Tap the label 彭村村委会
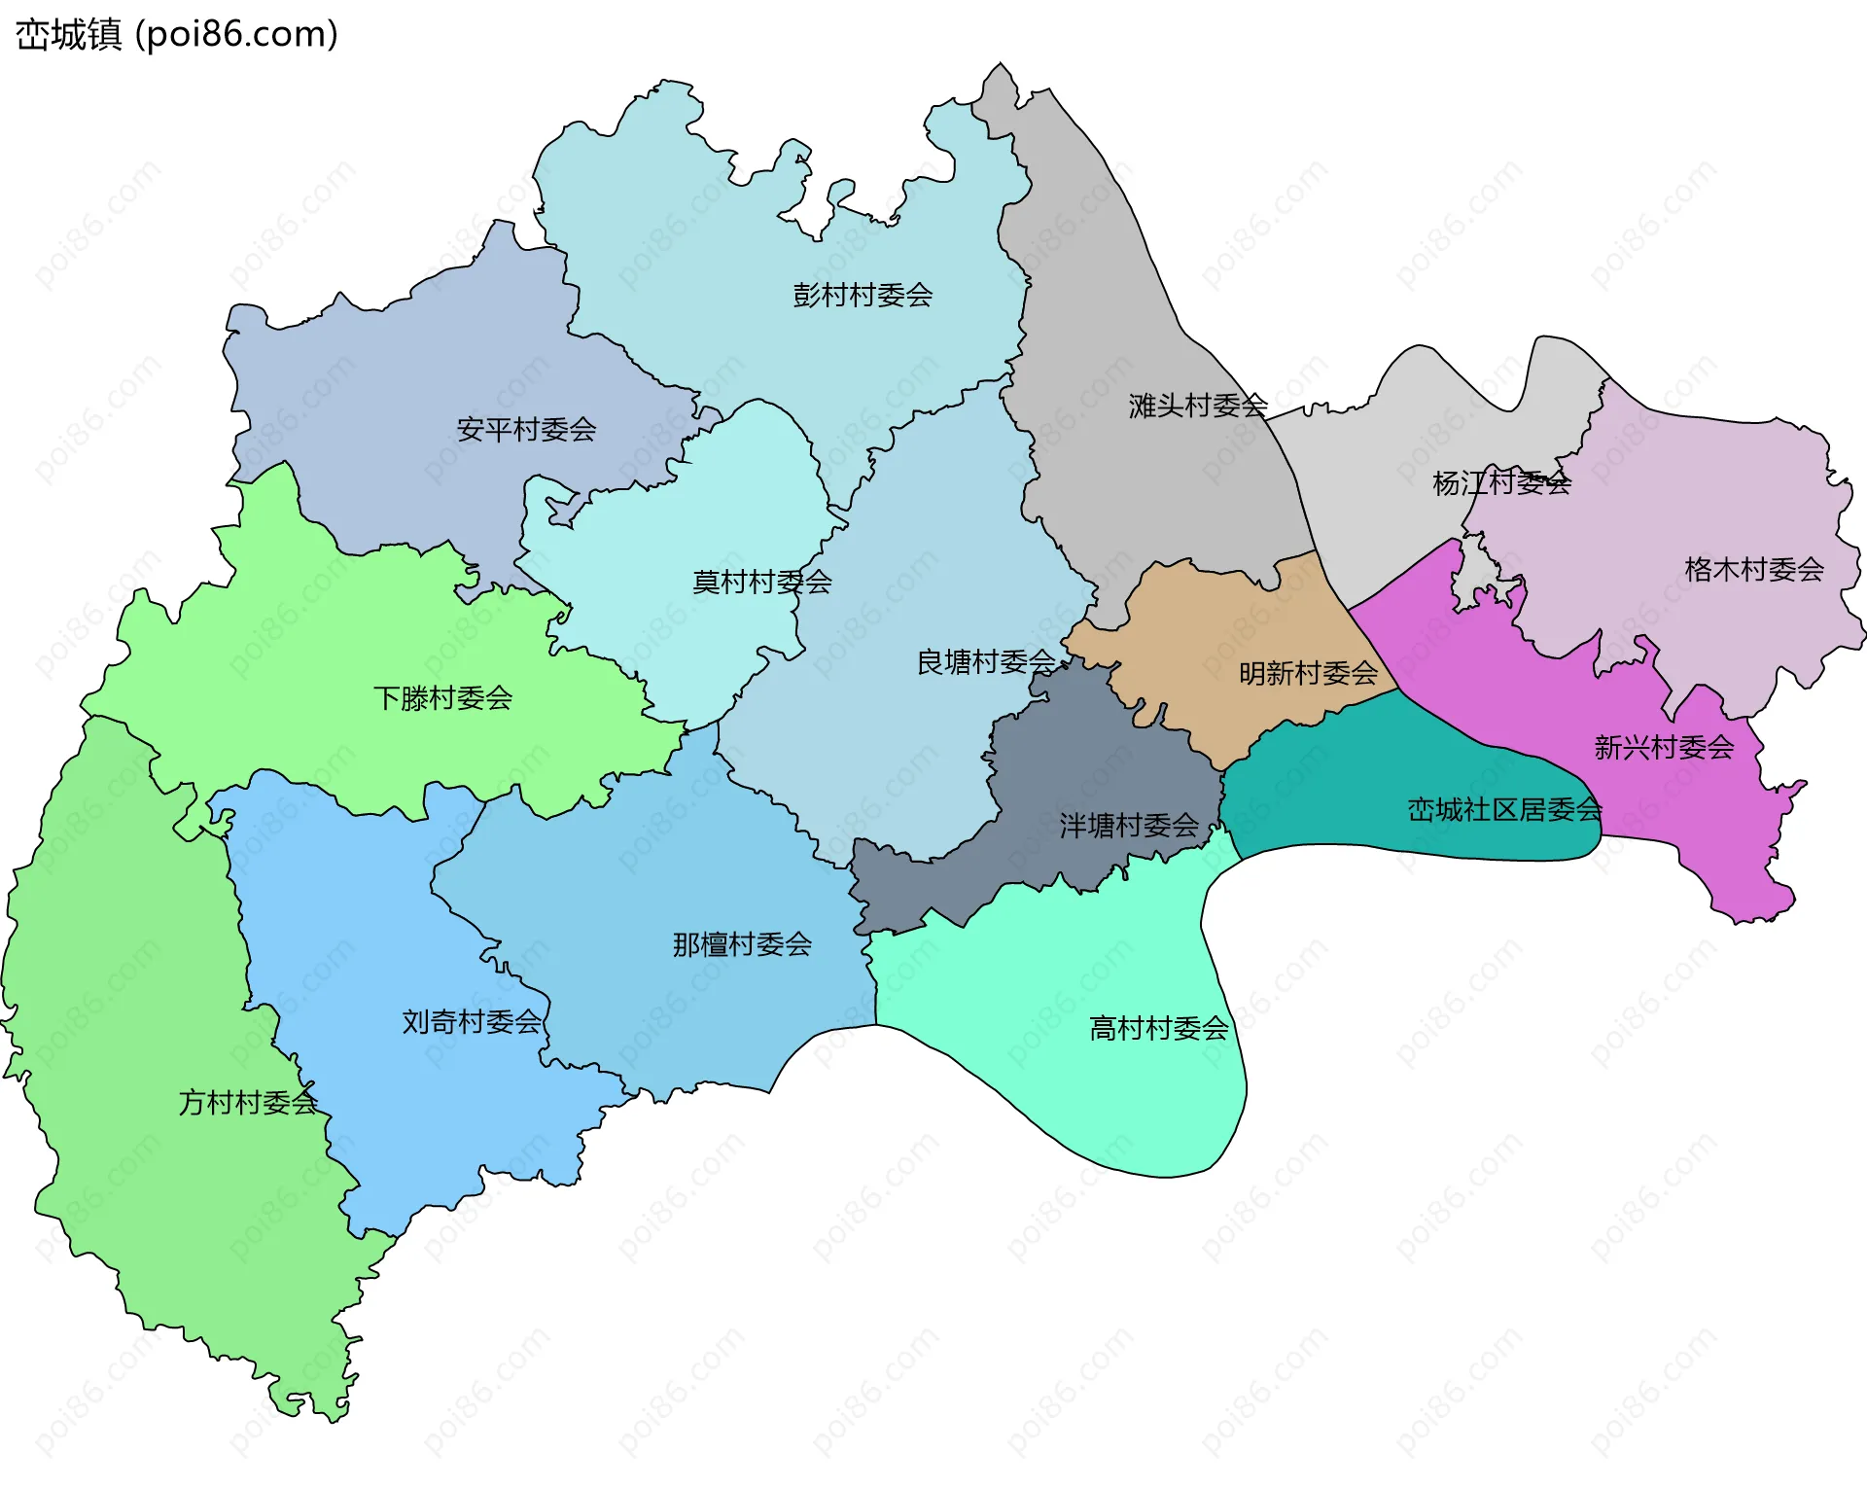point(862,295)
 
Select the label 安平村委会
point(526,429)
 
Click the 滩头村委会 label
point(1197,406)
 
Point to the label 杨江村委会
point(1500,482)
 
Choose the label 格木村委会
point(1753,569)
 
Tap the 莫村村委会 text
point(761,582)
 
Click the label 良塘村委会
point(986,662)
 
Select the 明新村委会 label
point(1308,673)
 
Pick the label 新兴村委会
point(1664,747)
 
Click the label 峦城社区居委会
point(1503,809)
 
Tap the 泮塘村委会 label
point(1128,826)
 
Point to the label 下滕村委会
point(442,697)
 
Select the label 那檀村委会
point(742,943)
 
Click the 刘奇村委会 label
point(472,1021)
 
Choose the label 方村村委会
point(248,1102)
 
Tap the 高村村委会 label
point(1158,1028)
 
